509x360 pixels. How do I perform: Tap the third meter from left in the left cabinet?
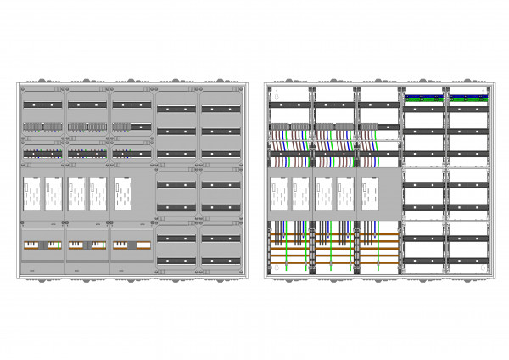[76, 194]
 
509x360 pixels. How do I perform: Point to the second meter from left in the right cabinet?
[301, 194]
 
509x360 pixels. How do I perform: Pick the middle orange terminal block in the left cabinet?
[87, 245]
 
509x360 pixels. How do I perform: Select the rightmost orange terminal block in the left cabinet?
[131, 245]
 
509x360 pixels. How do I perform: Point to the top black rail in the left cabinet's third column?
[131, 104]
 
